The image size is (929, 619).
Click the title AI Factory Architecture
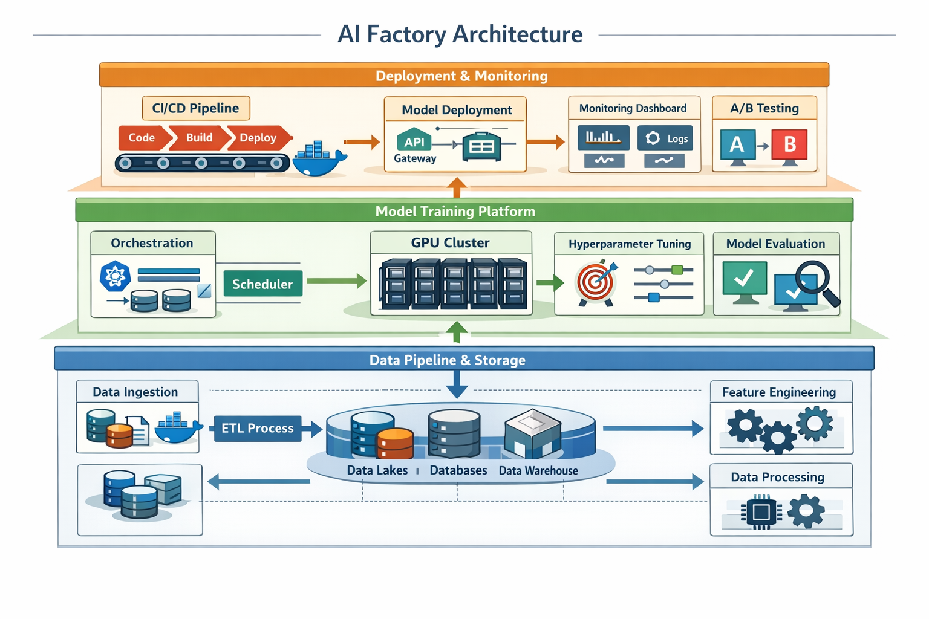click(460, 34)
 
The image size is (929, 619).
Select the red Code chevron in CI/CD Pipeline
click(142, 138)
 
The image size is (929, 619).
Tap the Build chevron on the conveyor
click(199, 138)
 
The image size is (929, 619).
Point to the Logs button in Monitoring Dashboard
click(665, 138)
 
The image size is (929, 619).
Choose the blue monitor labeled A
click(737, 145)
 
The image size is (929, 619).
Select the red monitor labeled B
click(789, 145)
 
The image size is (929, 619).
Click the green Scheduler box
click(262, 284)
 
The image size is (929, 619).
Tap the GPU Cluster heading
click(450, 242)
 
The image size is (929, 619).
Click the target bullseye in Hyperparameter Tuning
click(596, 282)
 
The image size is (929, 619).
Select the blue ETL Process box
click(258, 428)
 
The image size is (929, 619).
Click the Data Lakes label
click(377, 470)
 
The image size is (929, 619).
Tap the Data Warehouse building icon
click(532, 434)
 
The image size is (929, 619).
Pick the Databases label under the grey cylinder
click(458, 470)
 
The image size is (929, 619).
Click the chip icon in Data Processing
click(761, 513)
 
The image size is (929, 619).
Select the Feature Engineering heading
click(779, 392)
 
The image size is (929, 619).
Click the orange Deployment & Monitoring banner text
click(461, 76)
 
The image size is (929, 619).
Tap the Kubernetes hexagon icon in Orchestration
click(115, 276)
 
